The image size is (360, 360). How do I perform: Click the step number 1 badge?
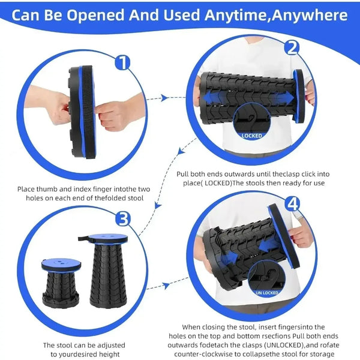pos(124,62)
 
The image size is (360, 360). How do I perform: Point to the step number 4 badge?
pos(292,203)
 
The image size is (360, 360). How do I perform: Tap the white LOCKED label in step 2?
pos(252,135)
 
